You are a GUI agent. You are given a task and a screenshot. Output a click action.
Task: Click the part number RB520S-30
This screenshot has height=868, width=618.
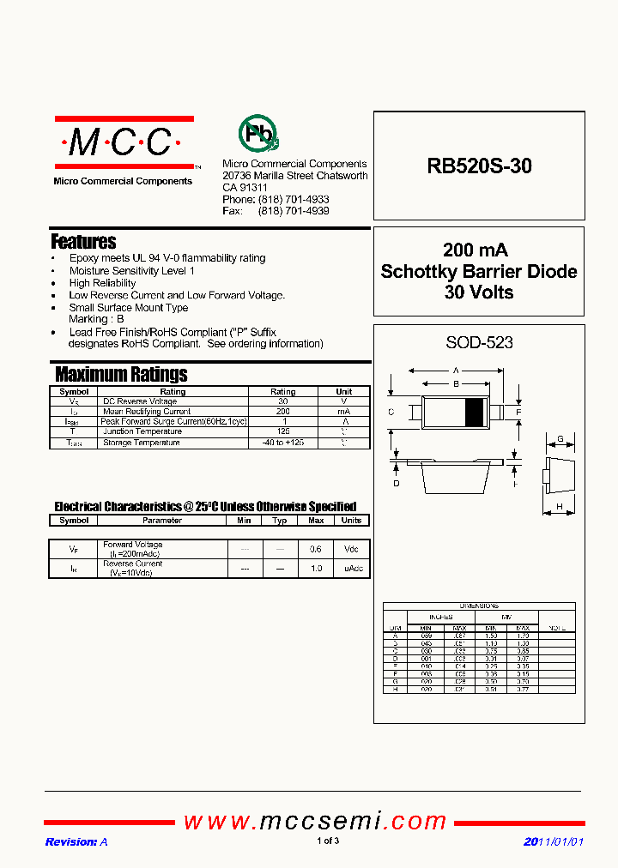click(x=479, y=166)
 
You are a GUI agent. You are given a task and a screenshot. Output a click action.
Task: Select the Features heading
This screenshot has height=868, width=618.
click(x=83, y=242)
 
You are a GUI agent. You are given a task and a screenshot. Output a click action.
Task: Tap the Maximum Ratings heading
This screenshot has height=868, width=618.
click(x=121, y=374)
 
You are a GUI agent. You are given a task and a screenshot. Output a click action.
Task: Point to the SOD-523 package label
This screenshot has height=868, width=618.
click(x=479, y=342)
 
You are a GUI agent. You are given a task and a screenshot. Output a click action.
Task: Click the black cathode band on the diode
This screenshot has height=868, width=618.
click(x=473, y=413)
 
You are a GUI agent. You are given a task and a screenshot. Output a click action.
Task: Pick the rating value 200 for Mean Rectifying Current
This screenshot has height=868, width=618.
click(x=282, y=412)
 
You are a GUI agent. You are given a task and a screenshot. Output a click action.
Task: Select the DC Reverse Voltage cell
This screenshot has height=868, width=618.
click(x=140, y=401)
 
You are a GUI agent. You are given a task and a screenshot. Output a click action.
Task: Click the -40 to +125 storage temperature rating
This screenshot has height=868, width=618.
click(x=282, y=443)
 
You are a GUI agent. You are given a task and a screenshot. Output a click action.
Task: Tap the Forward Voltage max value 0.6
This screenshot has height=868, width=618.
click(x=316, y=549)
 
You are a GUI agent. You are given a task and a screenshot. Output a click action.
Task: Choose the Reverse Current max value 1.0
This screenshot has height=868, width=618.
click(x=316, y=569)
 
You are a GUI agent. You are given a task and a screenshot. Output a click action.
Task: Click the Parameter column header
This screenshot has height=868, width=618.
click(x=162, y=521)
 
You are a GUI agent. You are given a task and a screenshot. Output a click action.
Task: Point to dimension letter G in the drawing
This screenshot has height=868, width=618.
click(x=560, y=440)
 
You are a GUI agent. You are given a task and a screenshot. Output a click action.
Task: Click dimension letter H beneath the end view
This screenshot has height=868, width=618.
click(x=560, y=507)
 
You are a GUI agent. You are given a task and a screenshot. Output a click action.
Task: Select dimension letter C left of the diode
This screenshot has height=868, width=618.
click(x=391, y=413)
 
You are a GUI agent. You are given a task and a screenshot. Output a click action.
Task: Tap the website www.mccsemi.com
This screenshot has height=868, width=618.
click(x=315, y=821)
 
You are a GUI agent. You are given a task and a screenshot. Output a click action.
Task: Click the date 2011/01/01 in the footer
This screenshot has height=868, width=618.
click(x=554, y=841)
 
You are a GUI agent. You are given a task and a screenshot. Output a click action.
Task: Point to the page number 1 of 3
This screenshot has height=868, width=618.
click(x=328, y=841)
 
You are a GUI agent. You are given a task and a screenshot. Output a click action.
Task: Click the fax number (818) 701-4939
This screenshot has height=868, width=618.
click(x=294, y=210)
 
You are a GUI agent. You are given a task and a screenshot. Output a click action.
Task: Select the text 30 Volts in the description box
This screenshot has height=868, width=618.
click(x=479, y=292)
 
